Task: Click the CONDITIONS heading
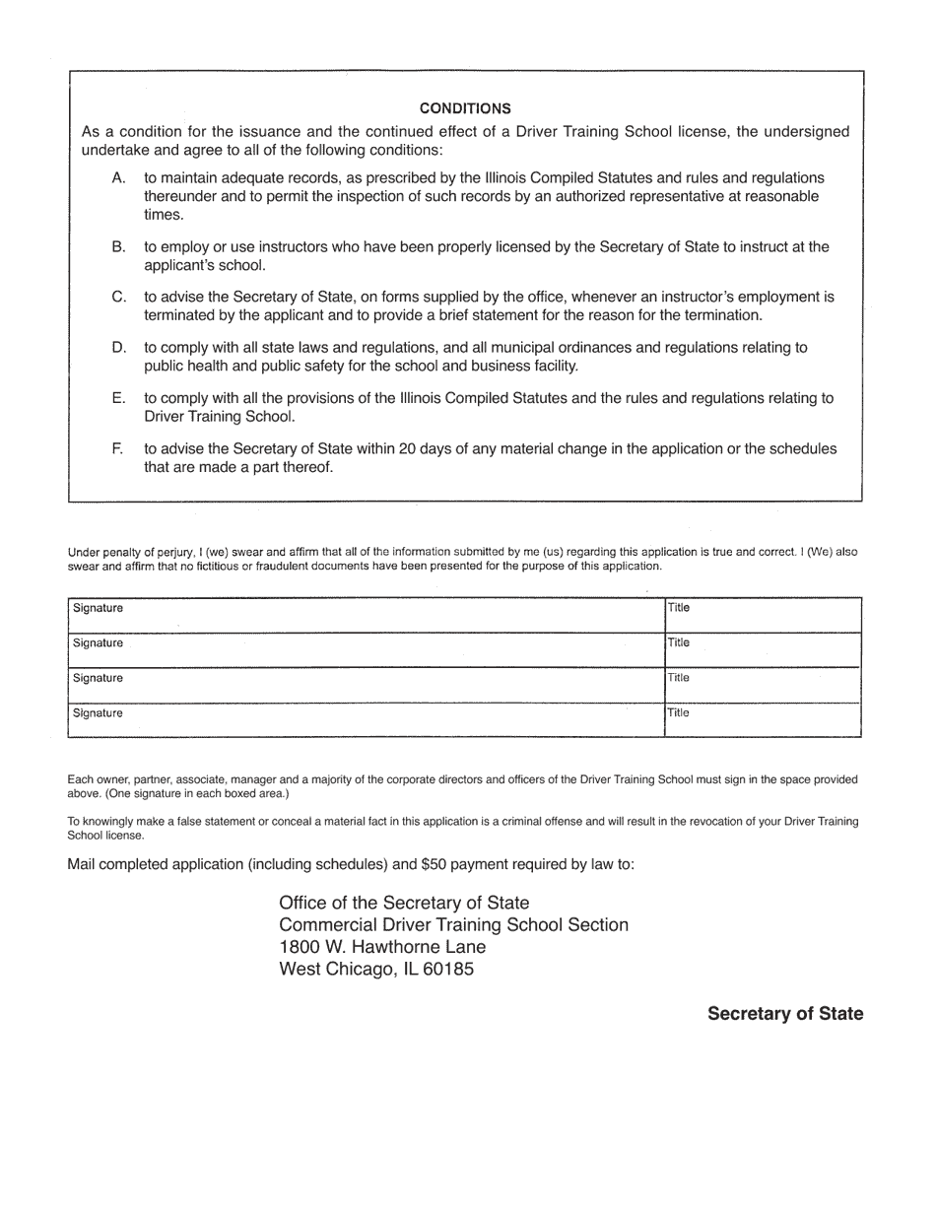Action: tap(465, 108)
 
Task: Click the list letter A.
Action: tap(119, 178)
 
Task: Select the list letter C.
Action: tap(119, 297)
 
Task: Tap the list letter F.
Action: tap(118, 449)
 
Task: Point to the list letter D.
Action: tap(119, 348)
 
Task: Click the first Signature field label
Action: tap(98, 609)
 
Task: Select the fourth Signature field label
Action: tap(98, 713)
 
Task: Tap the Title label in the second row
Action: tap(678, 642)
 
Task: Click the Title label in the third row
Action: tap(678, 678)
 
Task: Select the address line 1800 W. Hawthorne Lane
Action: tap(382, 947)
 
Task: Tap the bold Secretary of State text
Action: tap(785, 1014)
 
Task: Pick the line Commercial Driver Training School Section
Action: tap(453, 925)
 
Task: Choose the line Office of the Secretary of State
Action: tap(404, 904)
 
